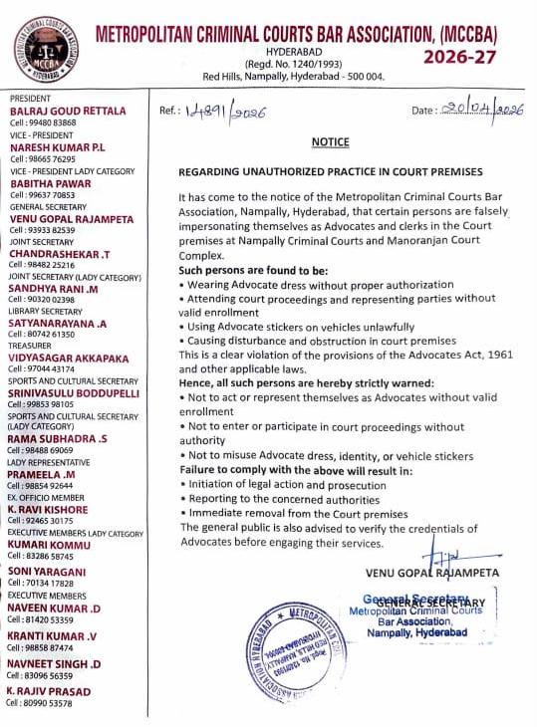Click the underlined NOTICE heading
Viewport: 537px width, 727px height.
pos(330,142)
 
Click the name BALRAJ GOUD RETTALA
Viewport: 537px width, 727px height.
pos(68,111)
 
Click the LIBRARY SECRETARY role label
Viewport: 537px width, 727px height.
pos(46,311)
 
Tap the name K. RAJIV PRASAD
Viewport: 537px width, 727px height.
pos(49,691)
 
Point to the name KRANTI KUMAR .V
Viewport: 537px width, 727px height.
pos(52,636)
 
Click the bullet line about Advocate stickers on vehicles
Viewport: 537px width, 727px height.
pos(297,327)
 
